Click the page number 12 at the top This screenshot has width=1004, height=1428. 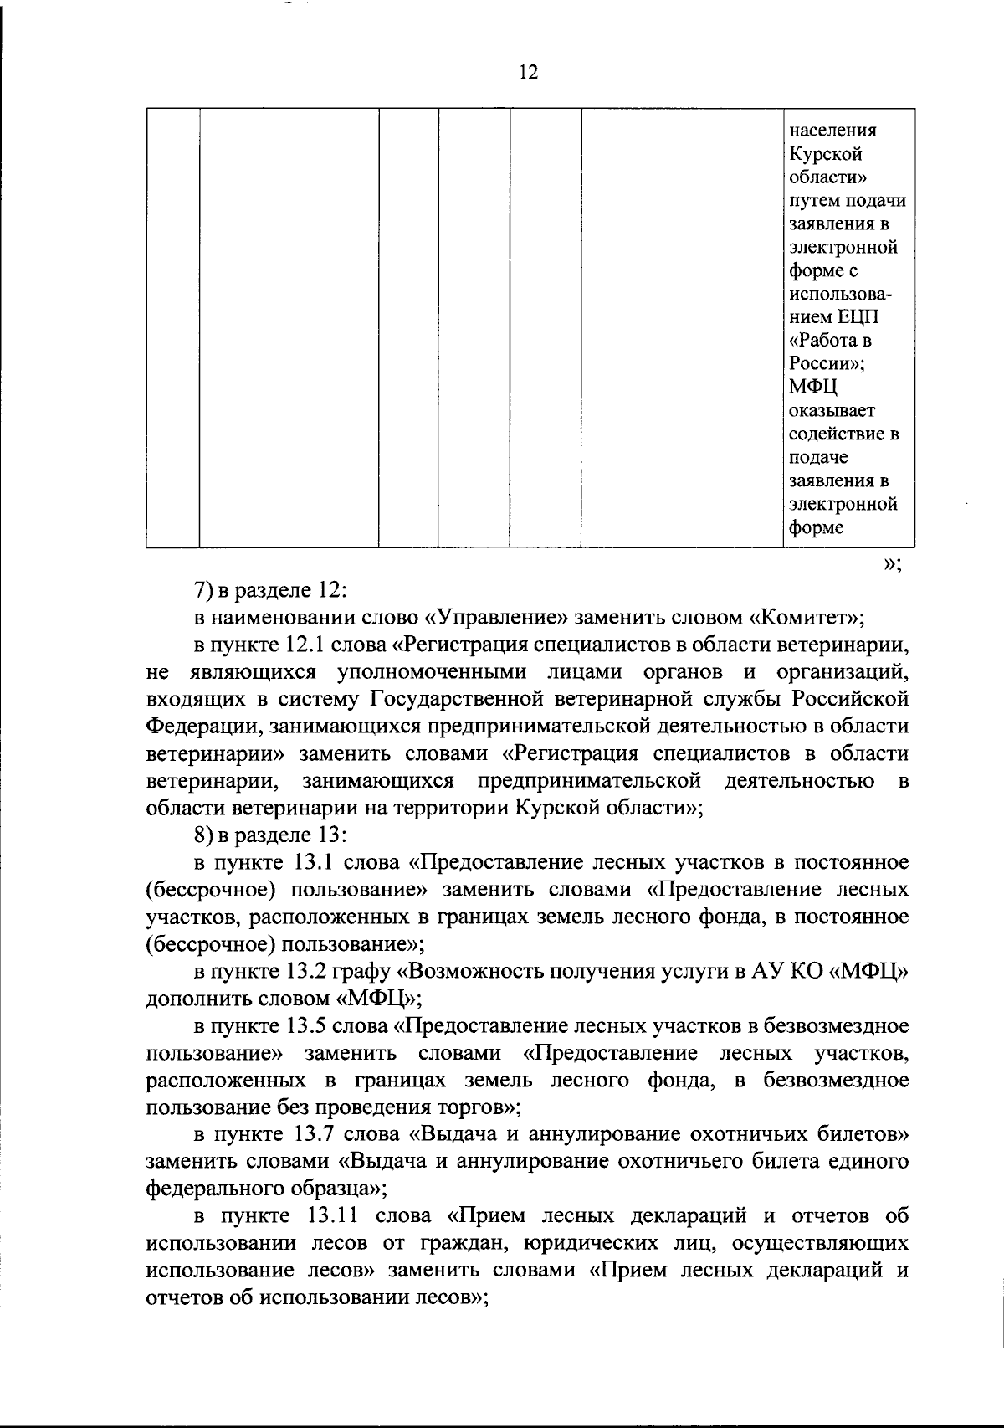pos(528,72)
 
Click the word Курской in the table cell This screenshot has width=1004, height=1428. pos(814,155)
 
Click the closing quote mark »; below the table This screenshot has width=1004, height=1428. pos(891,565)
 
